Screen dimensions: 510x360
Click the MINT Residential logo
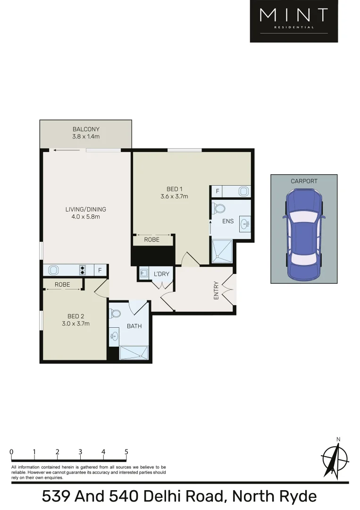pos(293,21)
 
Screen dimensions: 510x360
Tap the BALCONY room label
pos(86,129)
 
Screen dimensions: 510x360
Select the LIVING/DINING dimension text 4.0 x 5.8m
pos(86,217)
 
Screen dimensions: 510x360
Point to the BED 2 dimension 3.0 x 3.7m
pos(75,323)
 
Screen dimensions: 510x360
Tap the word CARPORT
pos(304,181)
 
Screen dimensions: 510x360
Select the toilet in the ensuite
pos(220,208)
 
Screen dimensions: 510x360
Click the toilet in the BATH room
pos(115,314)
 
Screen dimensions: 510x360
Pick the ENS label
pos(228,221)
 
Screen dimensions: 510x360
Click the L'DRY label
pos(161,274)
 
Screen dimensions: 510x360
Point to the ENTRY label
pos(217,290)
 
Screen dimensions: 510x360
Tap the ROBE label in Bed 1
pos(152,240)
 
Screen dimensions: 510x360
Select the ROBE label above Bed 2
pos(62,285)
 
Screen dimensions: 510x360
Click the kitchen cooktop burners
pos(83,270)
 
